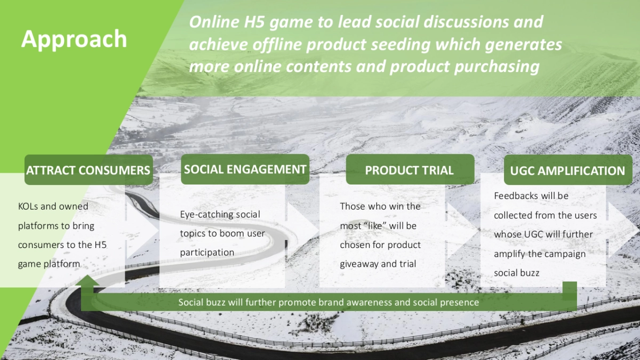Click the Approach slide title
tap(74, 39)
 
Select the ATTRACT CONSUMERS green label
tap(89, 170)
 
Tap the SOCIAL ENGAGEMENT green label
tap(245, 169)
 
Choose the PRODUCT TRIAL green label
tap(410, 170)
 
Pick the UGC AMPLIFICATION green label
tap(568, 170)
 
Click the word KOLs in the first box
tap(28, 206)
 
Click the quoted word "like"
tap(375, 226)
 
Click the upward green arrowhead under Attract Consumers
tap(87, 281)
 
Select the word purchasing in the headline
tap(497, 67)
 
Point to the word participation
tap(207, 253)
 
